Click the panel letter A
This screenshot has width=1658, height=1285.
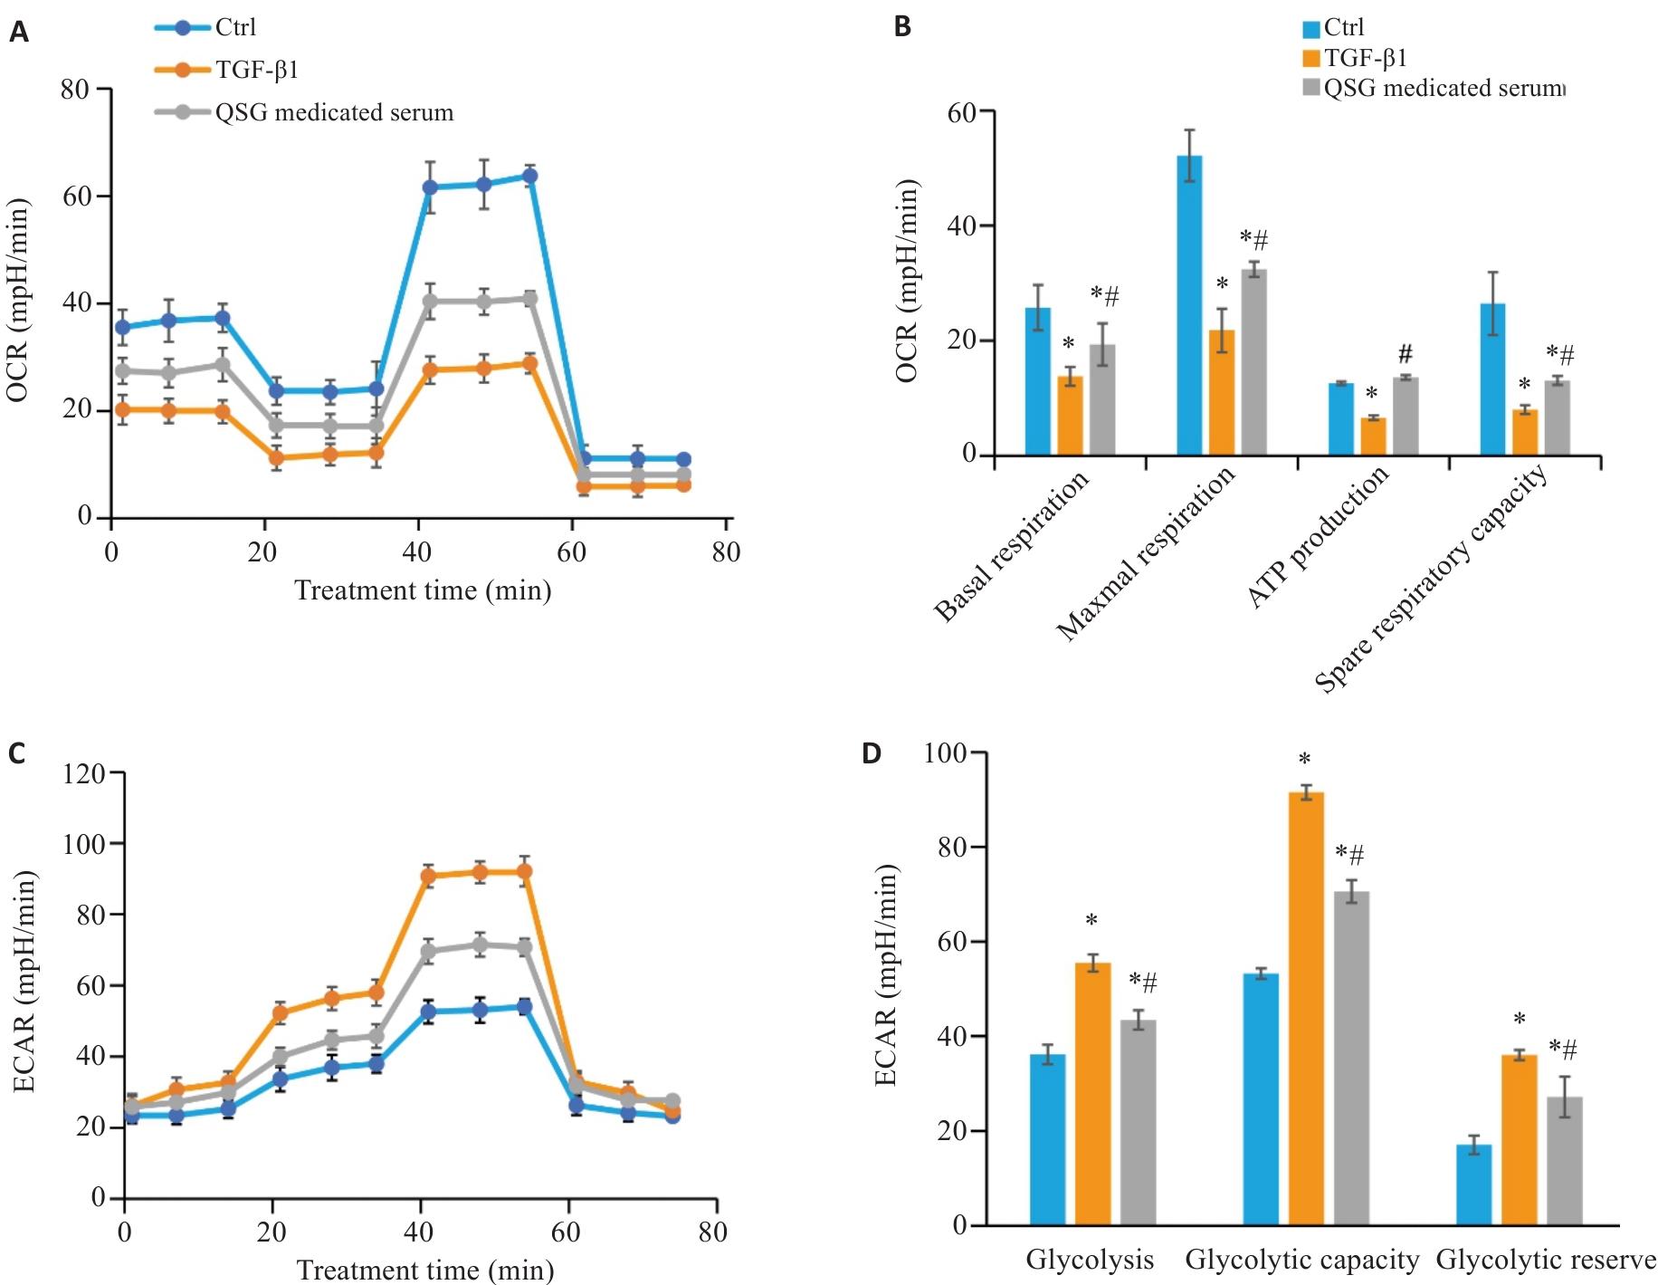pyautogui.click(x=18, y=34)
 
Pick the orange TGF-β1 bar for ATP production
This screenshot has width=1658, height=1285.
pyautogui.click(x=1373, y=436)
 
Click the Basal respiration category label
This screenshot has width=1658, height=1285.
pyautogui.click(x=1011, y=547)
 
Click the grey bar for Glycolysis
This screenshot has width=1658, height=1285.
pyautogui.click(x=1138, y=1122)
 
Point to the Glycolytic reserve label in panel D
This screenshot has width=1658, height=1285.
pyautogui.click(x=1545, y=1260)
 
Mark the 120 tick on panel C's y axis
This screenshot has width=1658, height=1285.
pyautogui.click(x=83, y=773)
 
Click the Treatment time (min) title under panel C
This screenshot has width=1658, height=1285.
pyautogui.click(x=424, y=1270)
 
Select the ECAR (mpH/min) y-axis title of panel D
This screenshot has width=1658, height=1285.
pyautogui.click(x=885, y=974)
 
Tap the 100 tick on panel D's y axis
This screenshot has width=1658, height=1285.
pyautogui.click(x=945, y=753)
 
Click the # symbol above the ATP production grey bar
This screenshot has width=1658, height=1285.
pyautogui.click(x=1405, y=354)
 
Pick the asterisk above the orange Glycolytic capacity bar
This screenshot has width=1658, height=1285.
pyautogui.click(x=1304, y=760)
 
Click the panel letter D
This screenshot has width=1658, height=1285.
pyautogui.click(x=871, y=753)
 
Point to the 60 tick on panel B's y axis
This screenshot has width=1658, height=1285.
pyautogui.click(x=961, y=112)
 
